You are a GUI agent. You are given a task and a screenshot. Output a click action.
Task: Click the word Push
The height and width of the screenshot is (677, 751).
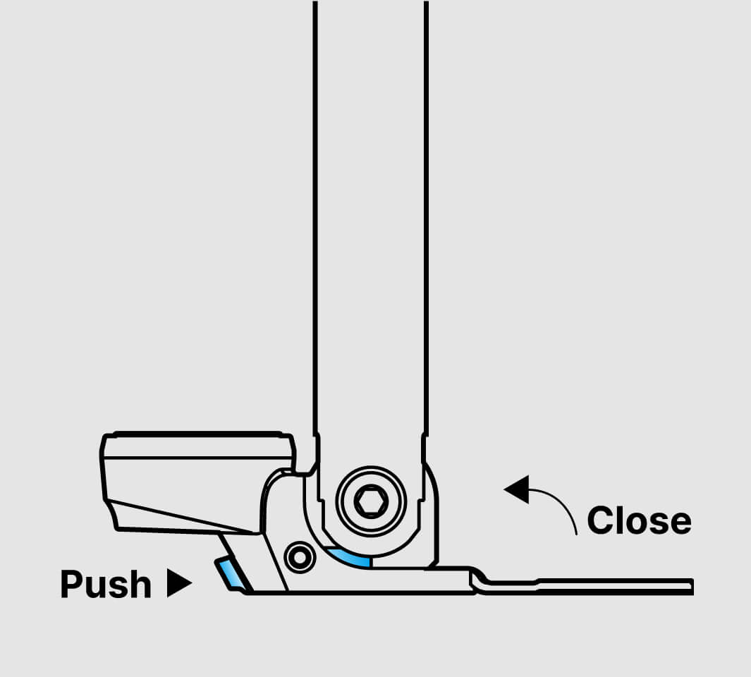(106, 584)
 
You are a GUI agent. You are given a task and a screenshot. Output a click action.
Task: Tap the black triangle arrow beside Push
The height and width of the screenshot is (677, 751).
(179, 583)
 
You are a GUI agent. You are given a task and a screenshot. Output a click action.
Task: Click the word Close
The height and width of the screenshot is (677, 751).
(640, 520)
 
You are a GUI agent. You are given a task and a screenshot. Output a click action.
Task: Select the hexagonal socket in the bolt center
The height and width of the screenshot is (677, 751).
(371, 501)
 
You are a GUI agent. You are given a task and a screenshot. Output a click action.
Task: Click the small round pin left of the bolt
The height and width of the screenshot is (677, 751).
(300, 557)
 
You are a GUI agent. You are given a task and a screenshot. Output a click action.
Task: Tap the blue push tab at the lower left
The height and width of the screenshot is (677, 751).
(229, 573)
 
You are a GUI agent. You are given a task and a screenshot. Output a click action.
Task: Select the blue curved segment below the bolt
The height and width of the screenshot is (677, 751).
(350, 558)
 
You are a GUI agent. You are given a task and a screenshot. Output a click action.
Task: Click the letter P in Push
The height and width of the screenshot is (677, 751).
(72, 584)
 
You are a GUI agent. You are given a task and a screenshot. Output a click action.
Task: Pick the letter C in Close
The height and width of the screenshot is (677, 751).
(600, 520)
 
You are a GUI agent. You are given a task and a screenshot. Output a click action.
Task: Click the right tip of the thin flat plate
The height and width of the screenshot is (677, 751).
(693, 587)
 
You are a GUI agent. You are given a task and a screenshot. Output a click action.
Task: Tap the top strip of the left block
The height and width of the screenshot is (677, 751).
(197, 446)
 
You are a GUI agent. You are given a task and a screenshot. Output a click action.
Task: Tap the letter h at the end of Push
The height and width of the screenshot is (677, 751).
(140, 584)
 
